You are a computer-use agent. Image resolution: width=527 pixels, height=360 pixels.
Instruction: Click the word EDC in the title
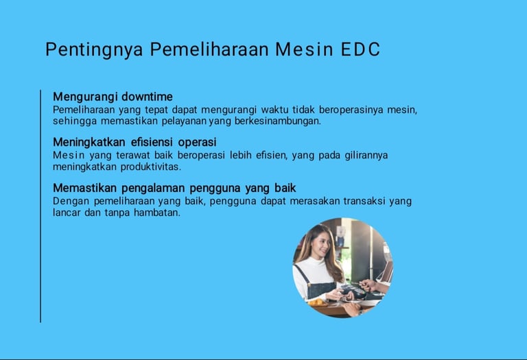tap(360, 49)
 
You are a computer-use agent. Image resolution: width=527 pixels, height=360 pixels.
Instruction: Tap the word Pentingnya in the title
tap(95, 49)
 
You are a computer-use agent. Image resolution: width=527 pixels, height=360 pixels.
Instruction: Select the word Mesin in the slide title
tap(304, 49)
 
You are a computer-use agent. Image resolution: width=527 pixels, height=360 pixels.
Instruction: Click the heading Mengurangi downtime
tap(113, 97)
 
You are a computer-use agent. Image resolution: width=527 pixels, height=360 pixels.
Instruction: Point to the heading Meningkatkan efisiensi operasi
tap(134, 142)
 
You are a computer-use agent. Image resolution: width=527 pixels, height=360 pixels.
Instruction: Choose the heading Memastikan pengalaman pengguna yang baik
tap(174, 188)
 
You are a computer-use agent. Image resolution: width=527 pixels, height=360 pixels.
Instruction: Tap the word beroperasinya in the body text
tap(351, 110)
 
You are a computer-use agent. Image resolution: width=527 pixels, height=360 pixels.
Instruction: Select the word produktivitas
tap(150, 167)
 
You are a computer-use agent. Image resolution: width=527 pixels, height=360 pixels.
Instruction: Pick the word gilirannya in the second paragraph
tap(366, 156)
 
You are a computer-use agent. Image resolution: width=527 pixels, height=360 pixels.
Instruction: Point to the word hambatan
tap(157, 213)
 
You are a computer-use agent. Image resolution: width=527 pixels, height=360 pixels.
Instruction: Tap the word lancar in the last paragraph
tap(67, 213)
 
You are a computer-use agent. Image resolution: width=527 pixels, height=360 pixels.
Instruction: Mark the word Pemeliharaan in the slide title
tap(209, 49)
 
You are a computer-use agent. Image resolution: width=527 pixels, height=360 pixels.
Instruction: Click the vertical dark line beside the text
tap(40, 206)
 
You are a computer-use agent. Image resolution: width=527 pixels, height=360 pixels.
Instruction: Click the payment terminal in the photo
tap(353, 291)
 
